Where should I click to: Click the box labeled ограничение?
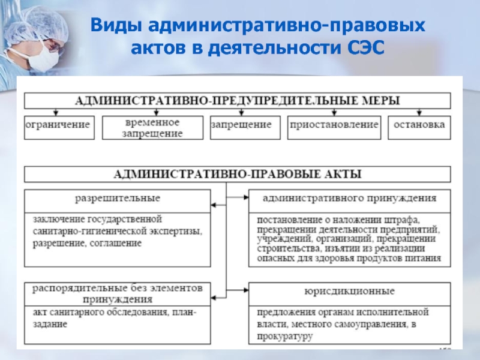click(58, 125)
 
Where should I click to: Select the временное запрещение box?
click(154, 127)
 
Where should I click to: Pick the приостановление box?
click(334, 125)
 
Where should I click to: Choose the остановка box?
click(419, 125)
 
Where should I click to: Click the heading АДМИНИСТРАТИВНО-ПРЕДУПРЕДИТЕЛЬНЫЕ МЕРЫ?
click(237, 100)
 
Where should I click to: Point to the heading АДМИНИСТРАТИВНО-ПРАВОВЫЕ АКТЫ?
click(237, 174)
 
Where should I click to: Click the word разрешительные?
click(117, 197)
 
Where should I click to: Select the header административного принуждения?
click(350, 197)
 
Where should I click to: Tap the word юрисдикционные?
click(349, 292)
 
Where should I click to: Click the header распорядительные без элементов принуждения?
click(117, 292)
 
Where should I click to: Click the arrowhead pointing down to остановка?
click(419, 113)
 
